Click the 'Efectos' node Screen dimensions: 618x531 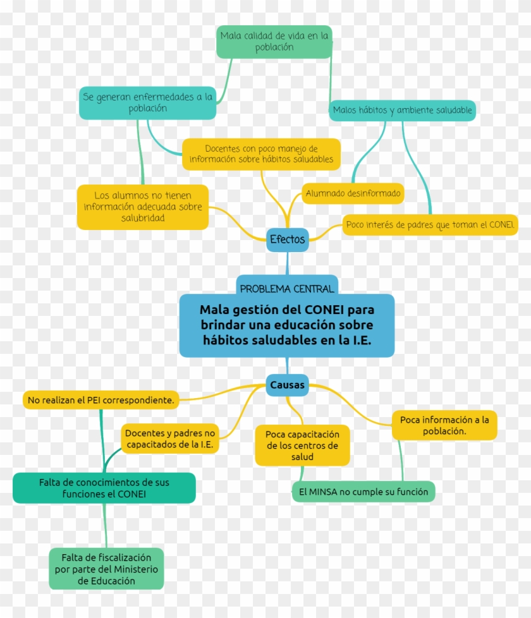pyautogui.click(x=288, y=239)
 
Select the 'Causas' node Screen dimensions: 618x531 pyautogui.click(x=288, y=385)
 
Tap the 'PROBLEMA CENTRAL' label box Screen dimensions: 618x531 pyautogui.click(x=287, y=288)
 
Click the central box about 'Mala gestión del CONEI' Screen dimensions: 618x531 pyautogui.click(x=287, y=325)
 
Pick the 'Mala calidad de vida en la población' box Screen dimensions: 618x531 pyautogui.click(x=274, y=42)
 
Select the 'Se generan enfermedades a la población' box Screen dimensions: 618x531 pyautogui.click(x=147, y=102)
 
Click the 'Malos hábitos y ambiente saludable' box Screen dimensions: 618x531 pyautogui.click(x=403, y=111)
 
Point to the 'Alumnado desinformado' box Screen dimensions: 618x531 pyautogui.click(x=353, y=193)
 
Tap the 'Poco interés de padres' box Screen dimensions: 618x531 pyautogui.click(x=430, y=225)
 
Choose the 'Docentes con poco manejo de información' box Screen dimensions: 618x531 pyautogui.click(x=261, y=154)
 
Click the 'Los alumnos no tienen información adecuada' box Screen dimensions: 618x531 pyautogui.click(x=143, y=207)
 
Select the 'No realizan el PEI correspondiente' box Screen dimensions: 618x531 pyautogui.click(x=101, y=400)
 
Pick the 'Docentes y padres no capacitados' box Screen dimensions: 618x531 pyautogui.click(x=170, y=439)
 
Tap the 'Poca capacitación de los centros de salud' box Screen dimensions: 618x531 pyautogui.click(x=302, y=445)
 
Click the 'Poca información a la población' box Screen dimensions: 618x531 pyautogui.click(x=444, y=425)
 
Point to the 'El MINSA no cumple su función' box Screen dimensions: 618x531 pyautogui.click(x=363, y=492)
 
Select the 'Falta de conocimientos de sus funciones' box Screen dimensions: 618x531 pyautogui.click(x=104, y=488)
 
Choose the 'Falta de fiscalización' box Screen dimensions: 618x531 pyautogui.click(x=106, y=569)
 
